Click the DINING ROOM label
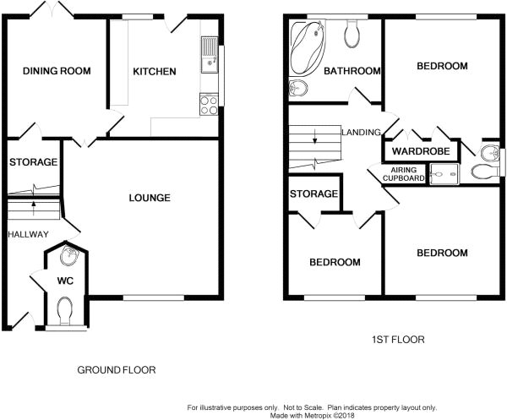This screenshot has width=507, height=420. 57,71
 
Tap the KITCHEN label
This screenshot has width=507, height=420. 155,72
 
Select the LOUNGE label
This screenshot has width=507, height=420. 150,198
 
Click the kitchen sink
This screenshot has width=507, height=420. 210,55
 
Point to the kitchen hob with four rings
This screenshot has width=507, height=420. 209,105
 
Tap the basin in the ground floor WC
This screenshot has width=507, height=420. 69,255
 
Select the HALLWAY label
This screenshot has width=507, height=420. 28,234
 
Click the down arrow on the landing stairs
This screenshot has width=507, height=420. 315,136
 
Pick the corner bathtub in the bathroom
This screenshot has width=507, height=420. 308,48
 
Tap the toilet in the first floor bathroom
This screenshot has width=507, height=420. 352,34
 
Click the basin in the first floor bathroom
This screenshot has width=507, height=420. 298,88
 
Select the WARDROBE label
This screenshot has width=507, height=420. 421,151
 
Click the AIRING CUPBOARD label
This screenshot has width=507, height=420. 404,174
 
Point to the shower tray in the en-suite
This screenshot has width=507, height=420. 444,174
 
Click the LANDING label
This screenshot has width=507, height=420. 361,132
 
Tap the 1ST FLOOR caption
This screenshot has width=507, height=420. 398,340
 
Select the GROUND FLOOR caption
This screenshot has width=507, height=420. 117,370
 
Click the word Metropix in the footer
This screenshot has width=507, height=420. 318,415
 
